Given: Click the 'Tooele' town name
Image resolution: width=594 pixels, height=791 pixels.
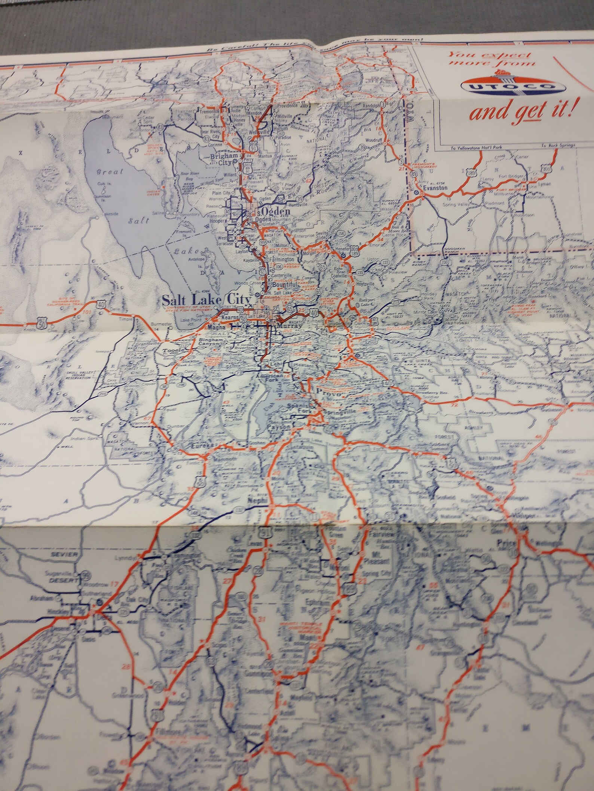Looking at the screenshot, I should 174,351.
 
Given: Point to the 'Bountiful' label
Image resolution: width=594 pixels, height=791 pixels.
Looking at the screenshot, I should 285,284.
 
